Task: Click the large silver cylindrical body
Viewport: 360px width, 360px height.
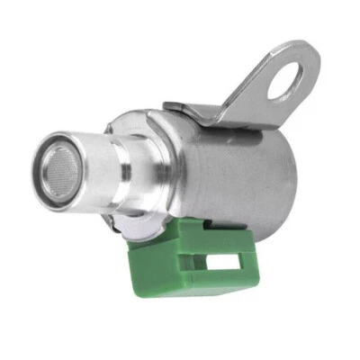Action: point(234,162)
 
